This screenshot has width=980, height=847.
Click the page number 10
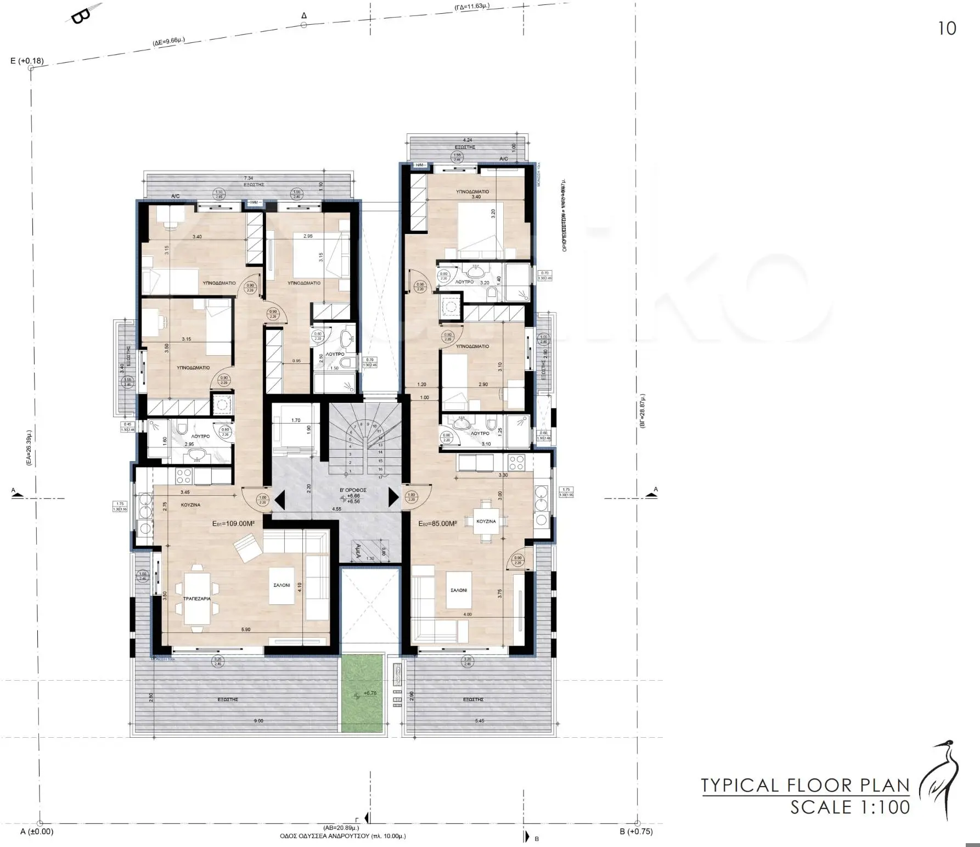[x=947, y=29]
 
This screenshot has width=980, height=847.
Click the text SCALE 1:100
[x=850, y=807]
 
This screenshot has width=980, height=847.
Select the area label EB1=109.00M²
[x=233, y=524]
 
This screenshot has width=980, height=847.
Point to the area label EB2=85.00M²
[x=437, y=524]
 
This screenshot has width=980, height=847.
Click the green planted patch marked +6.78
[x=362, y=694]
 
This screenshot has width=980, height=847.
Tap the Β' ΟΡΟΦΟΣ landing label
[x=353, y=490]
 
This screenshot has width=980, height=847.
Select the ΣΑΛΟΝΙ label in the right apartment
[x=459, y=590]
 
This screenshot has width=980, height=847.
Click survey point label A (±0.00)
[x=37, y=831]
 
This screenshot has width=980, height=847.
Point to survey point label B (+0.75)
[x=636, y=831]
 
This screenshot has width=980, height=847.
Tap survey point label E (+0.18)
[x=27, y=61]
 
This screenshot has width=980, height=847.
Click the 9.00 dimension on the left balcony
[x=258, y=721]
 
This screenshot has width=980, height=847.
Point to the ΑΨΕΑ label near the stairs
[x=358, y=551]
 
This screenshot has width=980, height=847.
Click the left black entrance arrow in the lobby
[x=279, y=498]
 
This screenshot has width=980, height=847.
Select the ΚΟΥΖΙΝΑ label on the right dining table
[x=486, y=521]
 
